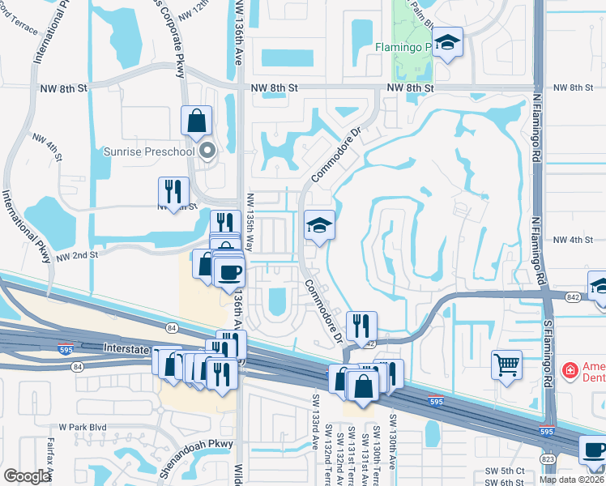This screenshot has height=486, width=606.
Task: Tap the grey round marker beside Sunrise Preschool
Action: pyautogui.click(x=207, y=151)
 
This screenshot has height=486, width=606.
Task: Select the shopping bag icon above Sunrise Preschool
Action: pyautogui.click(x=196, y=122)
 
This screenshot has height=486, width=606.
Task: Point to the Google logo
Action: pyautogui.click(x=28, y=476)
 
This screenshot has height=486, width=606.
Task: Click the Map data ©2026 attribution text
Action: pyautogui.click(x=571, y=480)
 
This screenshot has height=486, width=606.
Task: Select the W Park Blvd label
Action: pyautogui.click(x=83, y=427)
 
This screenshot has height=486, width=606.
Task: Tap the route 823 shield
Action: pyautogui.click(x=548, y=458)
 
